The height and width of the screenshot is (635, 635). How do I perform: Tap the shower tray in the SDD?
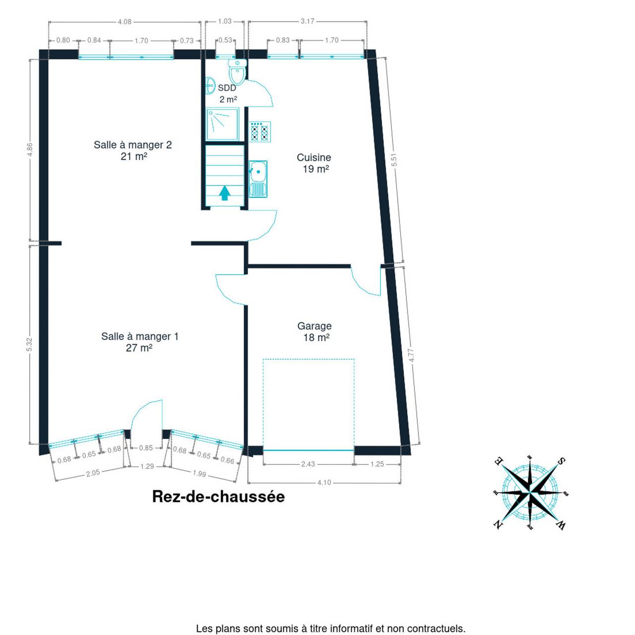(222, 124)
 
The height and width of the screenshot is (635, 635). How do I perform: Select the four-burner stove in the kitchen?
(259, 132)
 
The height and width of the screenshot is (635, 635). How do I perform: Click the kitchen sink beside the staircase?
(258, 179)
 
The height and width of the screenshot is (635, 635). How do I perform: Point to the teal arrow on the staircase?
(225, 193)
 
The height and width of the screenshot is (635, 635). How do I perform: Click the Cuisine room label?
(314, 158)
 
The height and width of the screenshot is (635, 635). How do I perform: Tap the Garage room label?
(315, 326)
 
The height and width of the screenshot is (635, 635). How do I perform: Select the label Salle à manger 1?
(140, 336)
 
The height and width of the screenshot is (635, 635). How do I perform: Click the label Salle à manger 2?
(133, 145)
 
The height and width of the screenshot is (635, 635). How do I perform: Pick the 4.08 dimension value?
(125, 22)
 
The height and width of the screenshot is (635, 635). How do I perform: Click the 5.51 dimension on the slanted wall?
(394, 159)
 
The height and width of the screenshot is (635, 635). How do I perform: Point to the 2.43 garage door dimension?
(308, 464)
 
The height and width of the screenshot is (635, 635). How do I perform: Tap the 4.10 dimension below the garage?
(324, 483)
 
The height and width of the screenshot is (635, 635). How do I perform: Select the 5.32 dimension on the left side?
(30, 344)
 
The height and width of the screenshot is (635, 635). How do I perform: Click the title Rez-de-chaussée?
(218, 497)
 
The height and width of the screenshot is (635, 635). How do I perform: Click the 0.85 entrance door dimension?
(146, 448)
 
